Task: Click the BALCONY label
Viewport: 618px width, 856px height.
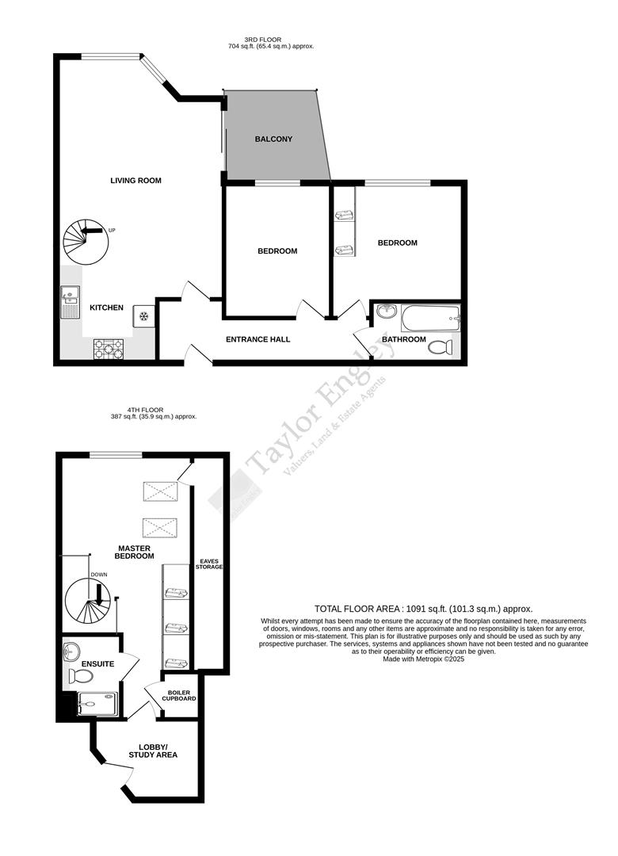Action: click(x=273, y=139)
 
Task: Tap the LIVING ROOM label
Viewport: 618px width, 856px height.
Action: click(x=135, y=181)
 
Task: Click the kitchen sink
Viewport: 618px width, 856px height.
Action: click(x=69, y=298)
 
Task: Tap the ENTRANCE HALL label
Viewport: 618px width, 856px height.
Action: click(x=257, y=339)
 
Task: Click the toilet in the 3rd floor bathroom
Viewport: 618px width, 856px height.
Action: click(x=444, y=346)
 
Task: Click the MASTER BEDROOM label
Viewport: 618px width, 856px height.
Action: click(x=135, y=552)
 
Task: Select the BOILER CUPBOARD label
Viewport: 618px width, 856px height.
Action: click(x=179, y=695)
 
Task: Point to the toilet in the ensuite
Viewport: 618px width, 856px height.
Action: click(x=80, y=676)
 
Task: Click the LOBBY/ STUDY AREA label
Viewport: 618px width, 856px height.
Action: click(x=153, y=751)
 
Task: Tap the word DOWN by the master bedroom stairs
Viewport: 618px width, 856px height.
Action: click(x=98, y=575)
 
